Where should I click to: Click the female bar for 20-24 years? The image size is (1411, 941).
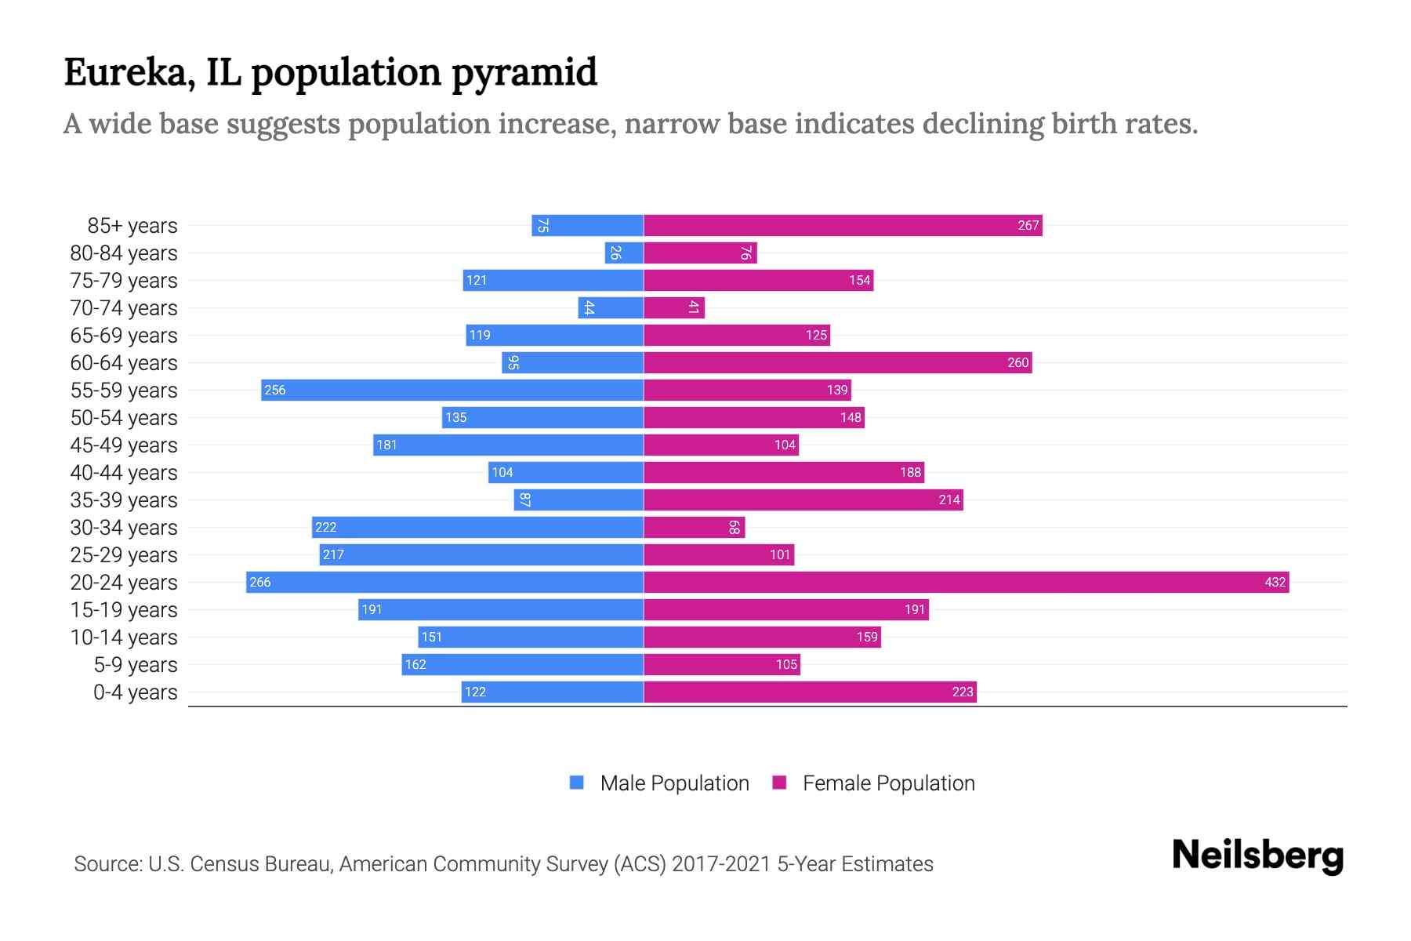(x=966, y=582)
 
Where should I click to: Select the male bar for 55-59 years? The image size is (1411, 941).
(x=452, y=390)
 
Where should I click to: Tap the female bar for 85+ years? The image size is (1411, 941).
(x=843, y=225)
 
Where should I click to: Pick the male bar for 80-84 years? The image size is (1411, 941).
(x=624, y=253)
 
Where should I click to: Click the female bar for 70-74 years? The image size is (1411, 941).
(x=674, y=307)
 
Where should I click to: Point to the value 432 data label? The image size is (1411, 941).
(x=1275, y=582)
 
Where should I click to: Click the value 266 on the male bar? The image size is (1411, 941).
(x=260, y=582)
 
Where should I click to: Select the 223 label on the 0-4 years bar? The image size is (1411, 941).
(x=962, y=692)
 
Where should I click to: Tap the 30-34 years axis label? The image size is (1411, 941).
(x=124, y=527)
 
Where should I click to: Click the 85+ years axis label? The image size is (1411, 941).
(x=132, y=225)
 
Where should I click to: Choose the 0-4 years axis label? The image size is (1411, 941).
(x=135, y=692)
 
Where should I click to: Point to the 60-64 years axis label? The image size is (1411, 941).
(x=124, y=362)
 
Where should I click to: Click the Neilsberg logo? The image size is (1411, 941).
(x=1257, y=855)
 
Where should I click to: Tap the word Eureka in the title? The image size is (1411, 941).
(x=129, y=72)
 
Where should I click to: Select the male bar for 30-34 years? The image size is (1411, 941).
(x=477, y=527)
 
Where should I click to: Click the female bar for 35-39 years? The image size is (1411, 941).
(x=803, y=500)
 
